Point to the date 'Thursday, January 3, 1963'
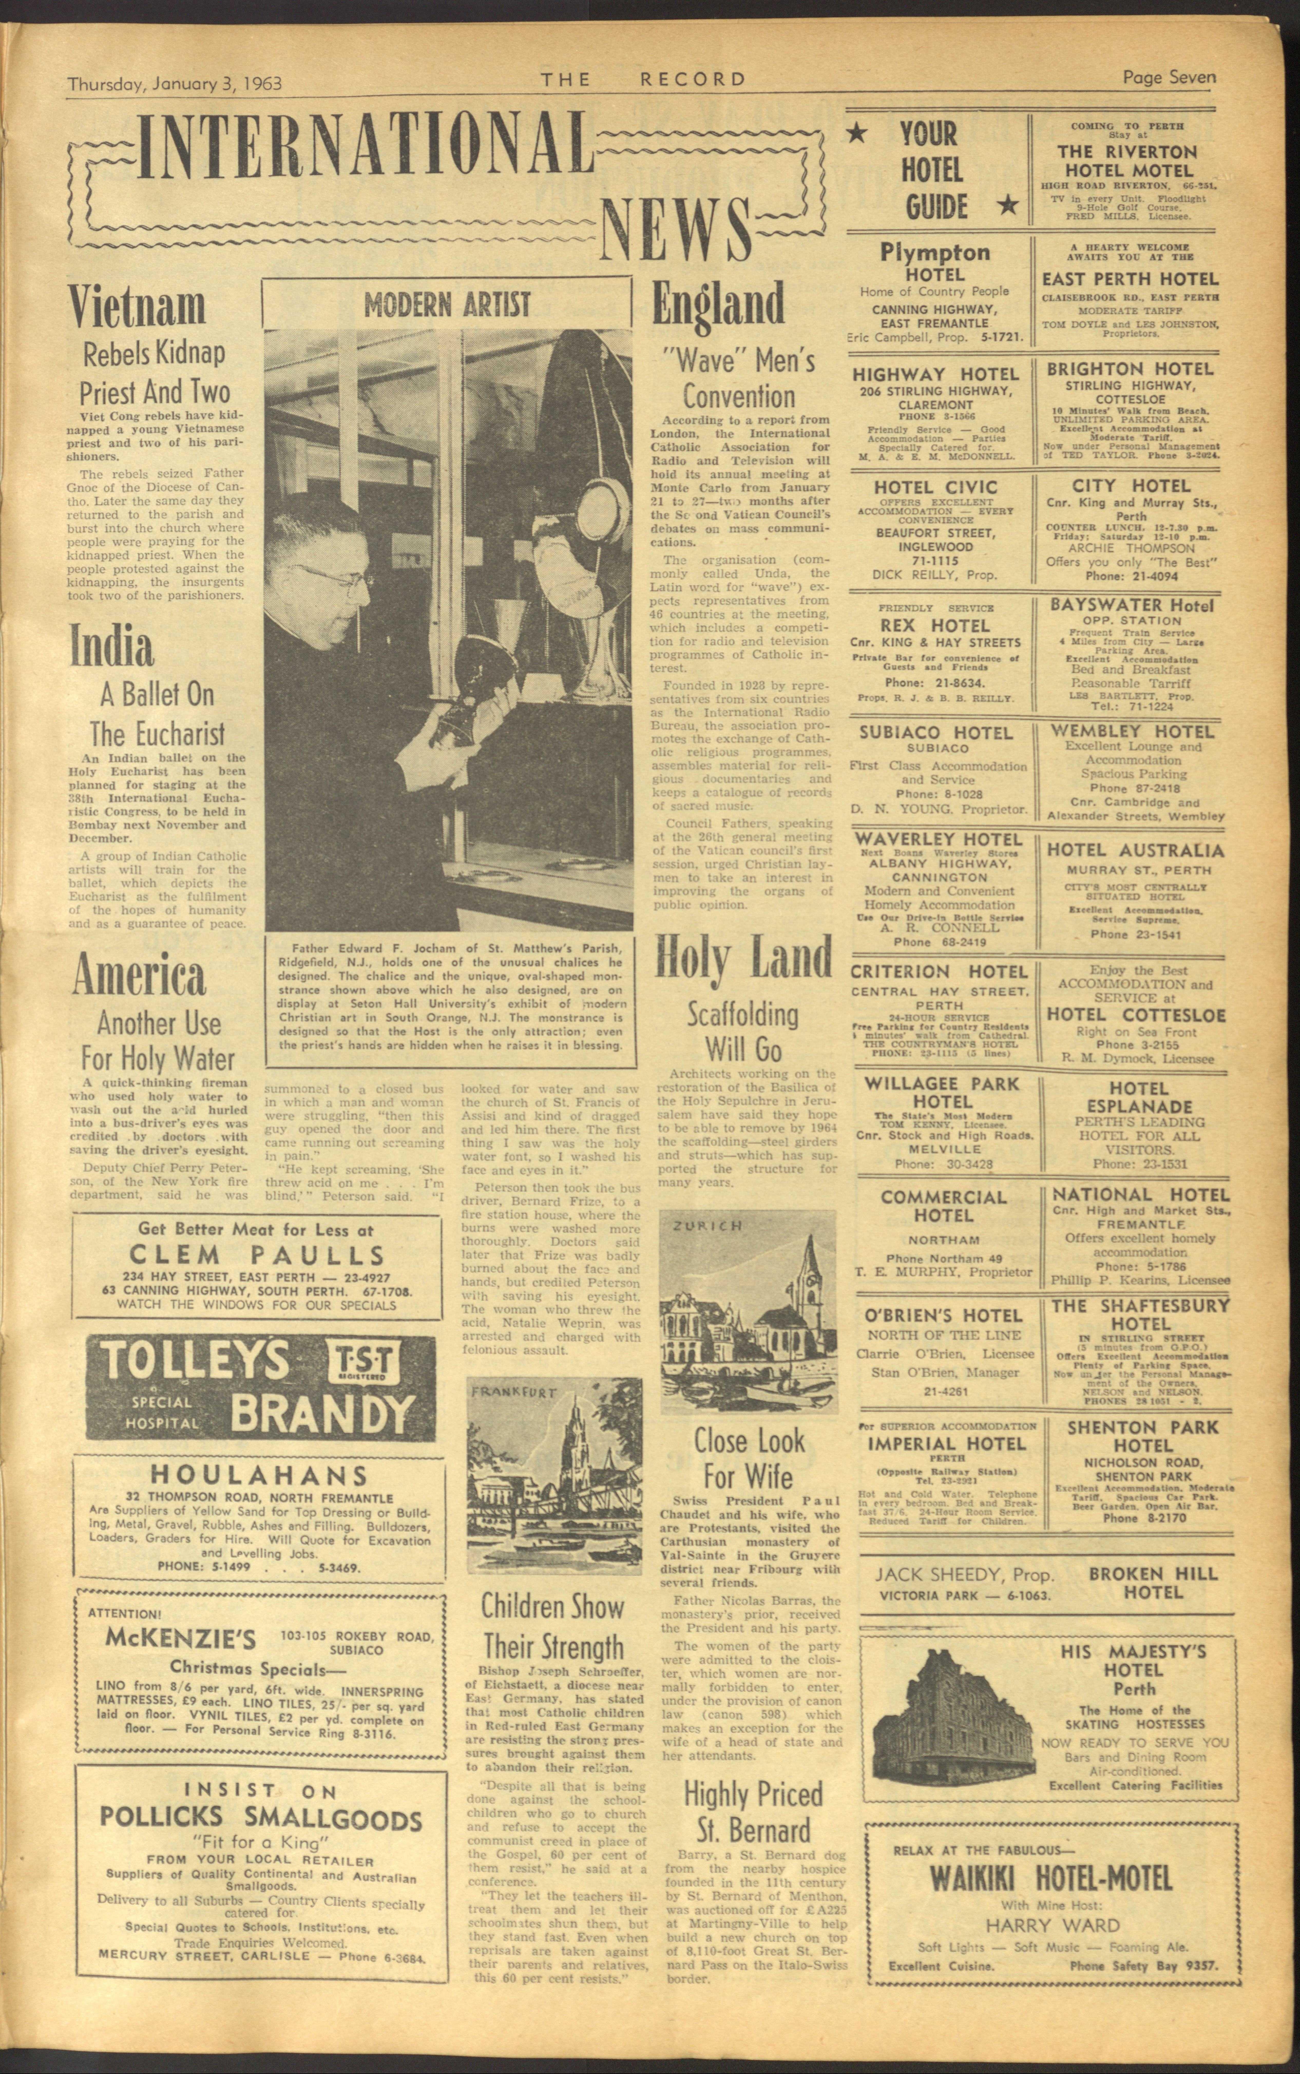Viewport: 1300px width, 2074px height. pyautogui.click(x=175, y=83)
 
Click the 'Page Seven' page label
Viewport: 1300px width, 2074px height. pyautogui.click(x=1169, y=77)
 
